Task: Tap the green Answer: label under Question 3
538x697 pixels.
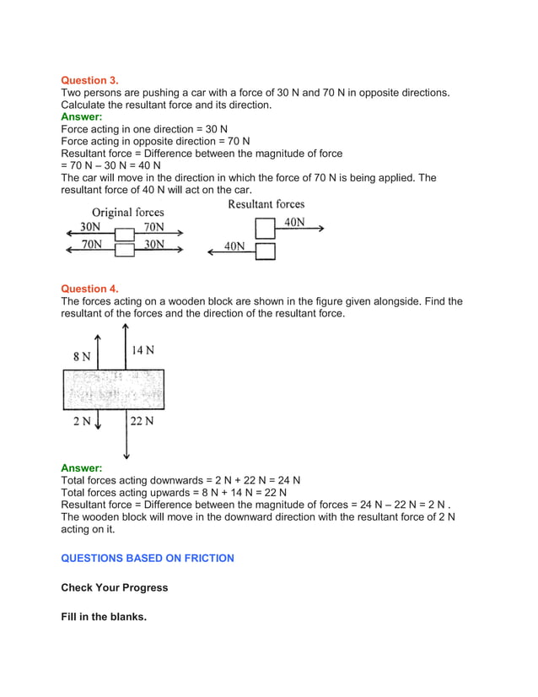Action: [x=82, y=116]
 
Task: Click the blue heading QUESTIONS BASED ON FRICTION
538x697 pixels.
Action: [x=148, y=558]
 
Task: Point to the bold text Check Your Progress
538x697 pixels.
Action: [x=114, y=587]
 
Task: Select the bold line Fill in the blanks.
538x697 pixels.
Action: [x=104, y=617]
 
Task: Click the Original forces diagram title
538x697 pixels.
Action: [x=127, y=212]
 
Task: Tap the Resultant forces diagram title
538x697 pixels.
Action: [x=266, y=204]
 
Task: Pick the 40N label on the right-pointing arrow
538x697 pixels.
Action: [x=294, y=223]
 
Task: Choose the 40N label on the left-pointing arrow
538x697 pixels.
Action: [x=234, y=246]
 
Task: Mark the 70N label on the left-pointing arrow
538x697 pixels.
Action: [x=91, y=244]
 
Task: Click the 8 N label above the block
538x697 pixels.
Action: [x=81, y=357]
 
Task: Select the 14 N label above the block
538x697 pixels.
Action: [x=143, y=350]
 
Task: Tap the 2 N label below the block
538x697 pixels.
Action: [x=82, y=421]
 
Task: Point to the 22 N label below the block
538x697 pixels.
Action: [x=142, y=421]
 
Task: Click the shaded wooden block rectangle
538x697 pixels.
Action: [x=113, y=389]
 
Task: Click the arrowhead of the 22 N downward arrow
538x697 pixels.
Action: [x=126, y=456]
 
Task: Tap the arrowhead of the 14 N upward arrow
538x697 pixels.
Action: [x=126, y=325]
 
